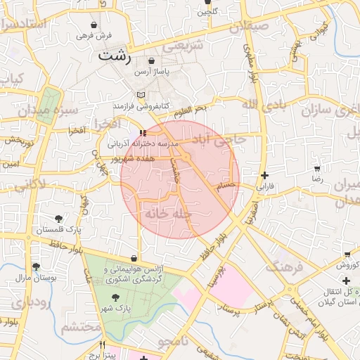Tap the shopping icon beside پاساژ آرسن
[151, 61]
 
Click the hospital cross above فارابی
[264, 176]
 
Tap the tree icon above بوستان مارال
[36, 266]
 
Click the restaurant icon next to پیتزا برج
[103, 345]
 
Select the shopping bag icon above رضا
[317, 169]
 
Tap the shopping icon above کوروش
[347, 254]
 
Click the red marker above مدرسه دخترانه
[143, 131]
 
